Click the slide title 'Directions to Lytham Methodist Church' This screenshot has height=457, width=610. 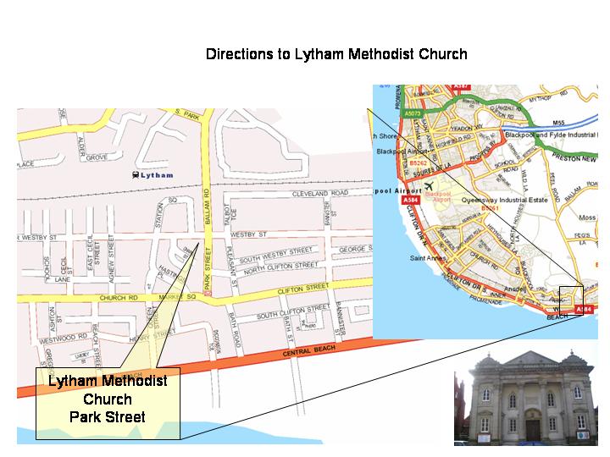pyautogui.click(x=336, y=54)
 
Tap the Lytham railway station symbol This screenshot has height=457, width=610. pyautogui.click(x=135, y=175)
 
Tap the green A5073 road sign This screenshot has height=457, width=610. pyautogui.click(x=413, y=113)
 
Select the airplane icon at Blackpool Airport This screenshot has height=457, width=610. pyautogui.click(x=429, y=184)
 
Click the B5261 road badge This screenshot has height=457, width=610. pyautogui.click(x=489, y=208)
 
